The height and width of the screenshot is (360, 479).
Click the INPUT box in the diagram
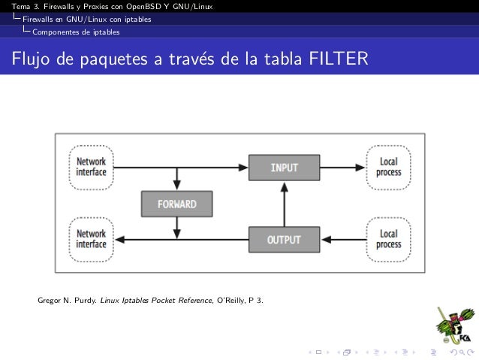point(284,167)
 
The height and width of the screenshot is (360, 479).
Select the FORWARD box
point(176,204)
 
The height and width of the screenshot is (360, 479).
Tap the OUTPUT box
point(284,240)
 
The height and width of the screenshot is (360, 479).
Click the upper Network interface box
point(92,167)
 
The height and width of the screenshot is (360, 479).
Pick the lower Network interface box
point(92,240)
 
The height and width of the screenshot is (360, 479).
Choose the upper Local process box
point(388,167)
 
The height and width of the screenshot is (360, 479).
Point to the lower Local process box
point(388,240)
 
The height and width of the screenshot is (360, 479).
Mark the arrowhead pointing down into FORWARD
point(176,186)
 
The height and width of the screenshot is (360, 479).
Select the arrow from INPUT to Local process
point(342,167)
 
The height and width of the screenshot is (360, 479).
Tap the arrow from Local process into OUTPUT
point(342,240)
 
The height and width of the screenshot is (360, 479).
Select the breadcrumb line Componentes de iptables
point(75,32)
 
